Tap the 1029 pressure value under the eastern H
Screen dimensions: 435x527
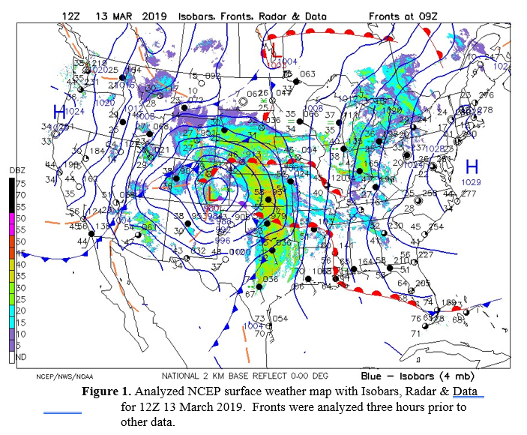click(471, 182)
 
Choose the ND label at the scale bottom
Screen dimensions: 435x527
click(11, 358)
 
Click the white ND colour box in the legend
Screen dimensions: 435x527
click(4, 358)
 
